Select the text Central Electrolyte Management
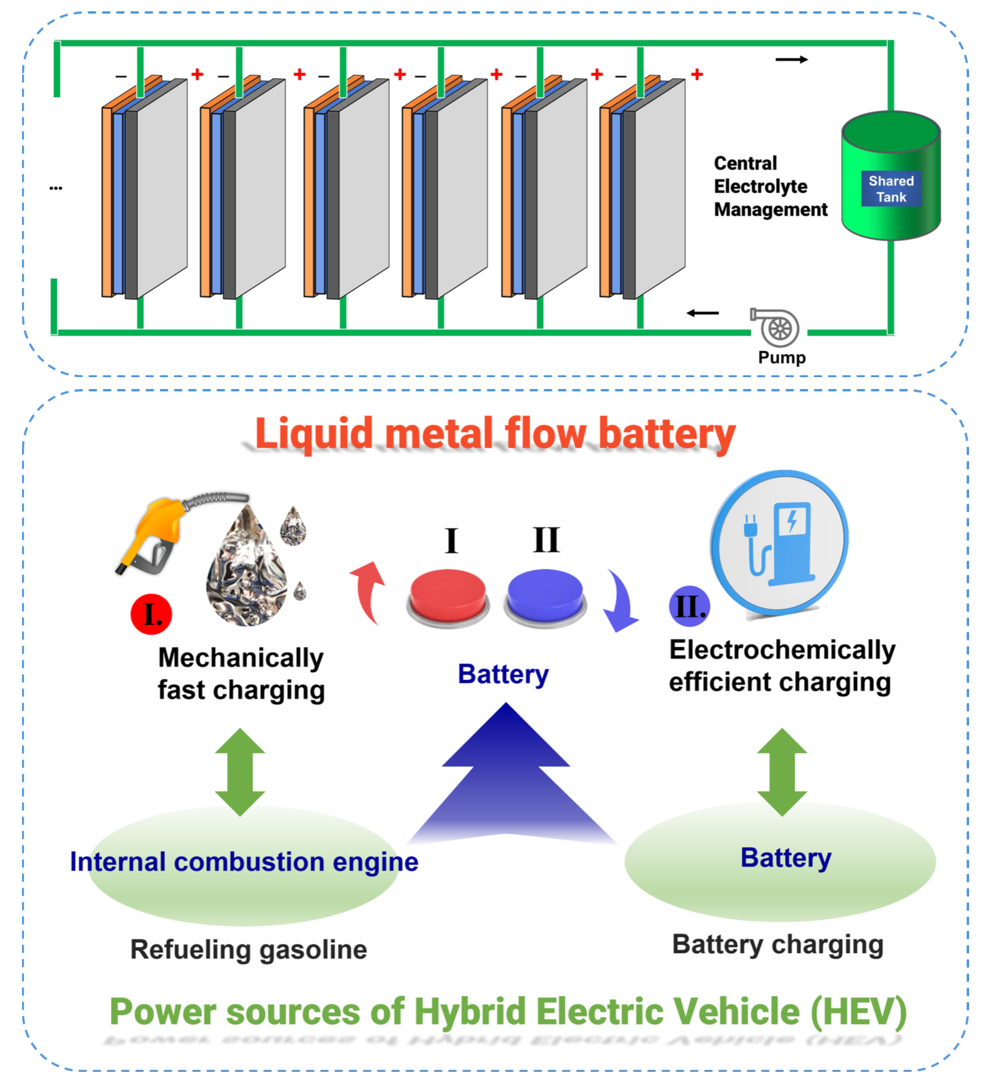pyautogui.click(x=770, y=186)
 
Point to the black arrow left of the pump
pyautogui.click(x=702, y=313)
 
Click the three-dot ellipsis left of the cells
pyautogui.click(x=55, y=188)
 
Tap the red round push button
pyautogui.click(x=447, y=596)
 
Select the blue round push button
pyautogui.click(x=545, y=596)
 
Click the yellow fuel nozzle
pyautogui.click(x=153, y=533)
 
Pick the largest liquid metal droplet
pyautogui.click(x=246, y=570)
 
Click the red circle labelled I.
pyautogui.click(x=151, y=614)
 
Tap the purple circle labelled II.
pyautogui.click(x=689, y=606)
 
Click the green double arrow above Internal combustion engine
pyautogui.click(x=240, y=772)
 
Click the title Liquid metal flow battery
pyautogui.click(x=495, y=434)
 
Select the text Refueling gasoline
pyautogui.click(x=248, y=949)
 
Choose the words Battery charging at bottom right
pyautogui.click(x=778, y=944)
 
